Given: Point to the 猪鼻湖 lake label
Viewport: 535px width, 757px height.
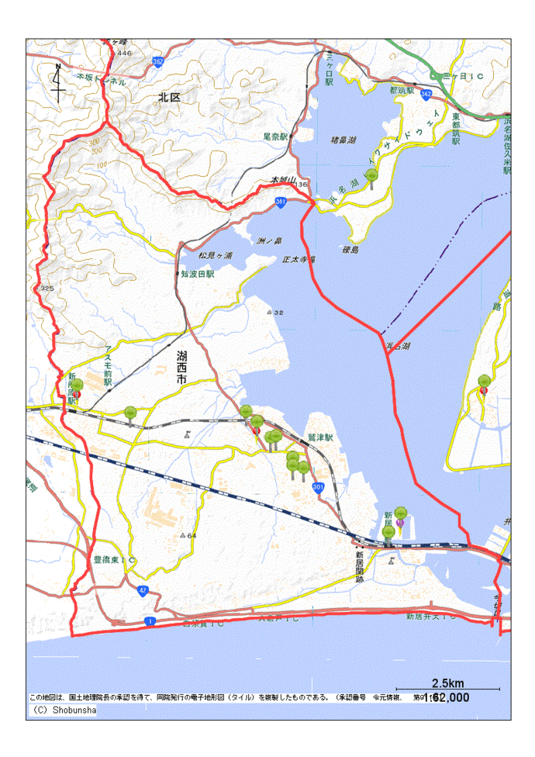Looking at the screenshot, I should pyautogui.click(x=343, y=140).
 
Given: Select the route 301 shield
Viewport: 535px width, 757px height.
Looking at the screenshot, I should pyautogui.click(x=318, y=487).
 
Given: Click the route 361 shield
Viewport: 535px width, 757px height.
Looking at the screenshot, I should pyautogui.click(x=280, y=202).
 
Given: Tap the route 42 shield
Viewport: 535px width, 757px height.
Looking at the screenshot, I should pyautogui.click(x=143, y=590).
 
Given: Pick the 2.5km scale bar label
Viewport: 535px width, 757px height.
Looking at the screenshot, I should pyautogui.click(x=447, y=683).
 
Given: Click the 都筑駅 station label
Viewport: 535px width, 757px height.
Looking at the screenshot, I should pyautogui.click(x=404, y=91).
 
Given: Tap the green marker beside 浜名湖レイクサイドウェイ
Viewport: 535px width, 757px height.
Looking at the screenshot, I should pyautogui.click(x=372, y=178).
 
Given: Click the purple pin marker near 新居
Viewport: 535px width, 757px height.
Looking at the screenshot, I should pyautogui.click(x=400, y=524).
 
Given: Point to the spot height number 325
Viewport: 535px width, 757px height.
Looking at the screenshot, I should pyautogui.click(x=47, y=289).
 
